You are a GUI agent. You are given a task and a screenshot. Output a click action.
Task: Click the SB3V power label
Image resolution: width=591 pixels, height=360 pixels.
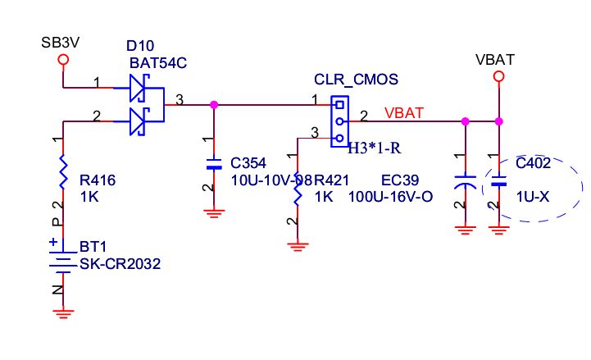click(61, 43)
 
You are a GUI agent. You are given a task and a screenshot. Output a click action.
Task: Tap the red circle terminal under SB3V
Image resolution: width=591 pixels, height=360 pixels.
click(63, 60)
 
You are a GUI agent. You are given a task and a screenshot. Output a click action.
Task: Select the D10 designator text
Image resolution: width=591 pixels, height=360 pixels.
click(140, 46)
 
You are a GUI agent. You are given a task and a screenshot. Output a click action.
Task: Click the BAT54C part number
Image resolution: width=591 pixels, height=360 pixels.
click(158, 63)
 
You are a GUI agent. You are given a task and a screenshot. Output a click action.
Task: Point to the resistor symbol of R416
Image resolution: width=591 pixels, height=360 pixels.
click(63, 171)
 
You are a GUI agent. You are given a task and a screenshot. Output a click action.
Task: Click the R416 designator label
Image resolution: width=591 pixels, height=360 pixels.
click(98, 180)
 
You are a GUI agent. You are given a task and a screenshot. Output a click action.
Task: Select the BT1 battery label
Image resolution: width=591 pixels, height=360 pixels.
click(93, 247)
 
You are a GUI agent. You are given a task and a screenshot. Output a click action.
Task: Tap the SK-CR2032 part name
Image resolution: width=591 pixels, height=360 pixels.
click(120, 264)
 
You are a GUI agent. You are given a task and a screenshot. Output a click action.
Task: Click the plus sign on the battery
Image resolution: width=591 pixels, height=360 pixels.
click(53, 242)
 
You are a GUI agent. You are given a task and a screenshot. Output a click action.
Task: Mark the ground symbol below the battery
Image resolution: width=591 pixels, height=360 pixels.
click(63, 313)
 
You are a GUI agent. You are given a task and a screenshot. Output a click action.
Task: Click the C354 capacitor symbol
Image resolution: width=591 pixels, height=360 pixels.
click(214, 163)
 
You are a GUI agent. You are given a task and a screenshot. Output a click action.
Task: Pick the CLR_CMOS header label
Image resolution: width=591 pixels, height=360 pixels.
click(356, 80)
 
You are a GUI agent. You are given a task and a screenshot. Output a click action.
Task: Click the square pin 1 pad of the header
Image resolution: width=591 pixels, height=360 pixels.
click(339, 105)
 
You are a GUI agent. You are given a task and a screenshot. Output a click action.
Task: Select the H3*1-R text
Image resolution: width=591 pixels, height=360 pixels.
click(374, 148)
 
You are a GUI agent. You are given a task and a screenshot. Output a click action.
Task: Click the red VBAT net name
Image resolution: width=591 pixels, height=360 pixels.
click(404, 112)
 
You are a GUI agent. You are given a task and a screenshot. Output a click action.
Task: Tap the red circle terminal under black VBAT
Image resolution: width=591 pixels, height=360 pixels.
click(498, 76)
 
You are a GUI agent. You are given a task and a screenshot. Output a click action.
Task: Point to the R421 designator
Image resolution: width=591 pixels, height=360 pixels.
click(331, 180)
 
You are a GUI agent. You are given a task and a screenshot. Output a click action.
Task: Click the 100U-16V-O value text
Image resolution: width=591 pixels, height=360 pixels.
click(390, 197)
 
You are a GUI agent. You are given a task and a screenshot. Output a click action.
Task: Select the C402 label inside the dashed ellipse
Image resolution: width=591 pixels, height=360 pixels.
click(533, 163)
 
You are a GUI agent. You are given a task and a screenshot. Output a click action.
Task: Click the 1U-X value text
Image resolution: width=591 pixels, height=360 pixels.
click(533, 197)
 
